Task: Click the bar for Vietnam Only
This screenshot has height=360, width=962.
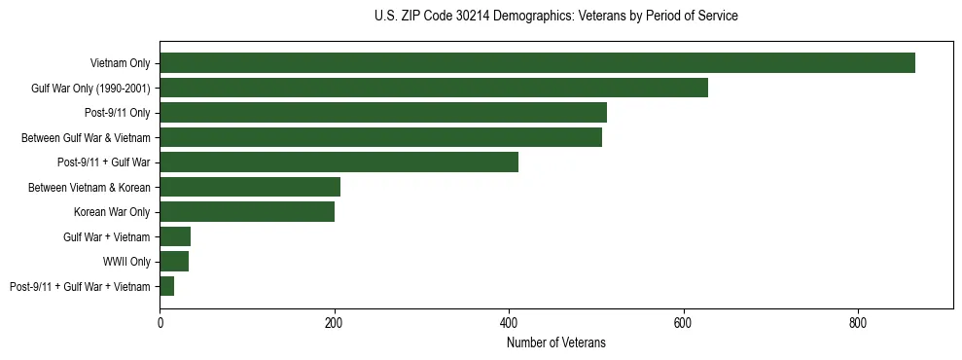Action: pos(537,63)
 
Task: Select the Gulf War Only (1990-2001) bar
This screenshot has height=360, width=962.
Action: pos(434,88)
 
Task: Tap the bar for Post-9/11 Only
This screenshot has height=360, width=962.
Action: pos(383,113)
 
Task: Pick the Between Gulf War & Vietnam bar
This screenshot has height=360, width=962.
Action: pos(380,137)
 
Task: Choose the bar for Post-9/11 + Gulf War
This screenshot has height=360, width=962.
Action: pos(338,162)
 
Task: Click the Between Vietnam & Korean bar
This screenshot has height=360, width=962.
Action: pos(250,187)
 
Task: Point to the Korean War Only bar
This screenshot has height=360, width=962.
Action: pos(247,212)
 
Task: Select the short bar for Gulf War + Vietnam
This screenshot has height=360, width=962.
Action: pos(175,236)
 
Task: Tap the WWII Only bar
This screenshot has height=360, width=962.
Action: pos(174,262)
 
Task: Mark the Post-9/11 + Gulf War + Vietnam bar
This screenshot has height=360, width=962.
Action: pos(167,286)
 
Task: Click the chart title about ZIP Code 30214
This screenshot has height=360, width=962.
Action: pos(555,17)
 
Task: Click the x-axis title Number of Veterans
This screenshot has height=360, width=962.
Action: pos(555,342)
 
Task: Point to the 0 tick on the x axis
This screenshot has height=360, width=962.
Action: pos(160,323)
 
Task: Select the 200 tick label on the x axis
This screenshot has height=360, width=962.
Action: pos(334,323)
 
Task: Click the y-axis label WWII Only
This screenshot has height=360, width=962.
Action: pos(126,262)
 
